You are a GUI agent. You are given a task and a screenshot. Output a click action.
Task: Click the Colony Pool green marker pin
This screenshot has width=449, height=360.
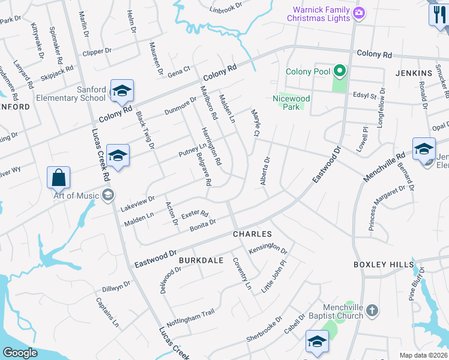point(340,72)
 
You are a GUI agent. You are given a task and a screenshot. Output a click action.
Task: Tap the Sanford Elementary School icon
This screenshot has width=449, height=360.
point(122,91)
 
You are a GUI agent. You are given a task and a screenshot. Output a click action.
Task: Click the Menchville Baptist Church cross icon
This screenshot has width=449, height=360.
point(372,310)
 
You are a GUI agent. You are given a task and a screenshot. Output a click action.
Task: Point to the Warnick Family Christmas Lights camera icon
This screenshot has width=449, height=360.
point(360,13)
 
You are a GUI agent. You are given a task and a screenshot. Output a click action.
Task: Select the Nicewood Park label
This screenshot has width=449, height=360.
point(291,103)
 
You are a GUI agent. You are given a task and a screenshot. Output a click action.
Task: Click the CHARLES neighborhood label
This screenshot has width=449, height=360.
point(252,234)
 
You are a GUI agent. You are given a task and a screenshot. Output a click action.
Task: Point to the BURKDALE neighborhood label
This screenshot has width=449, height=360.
point(200,260)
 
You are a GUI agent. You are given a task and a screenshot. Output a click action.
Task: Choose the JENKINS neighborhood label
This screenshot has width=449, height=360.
point(414,73)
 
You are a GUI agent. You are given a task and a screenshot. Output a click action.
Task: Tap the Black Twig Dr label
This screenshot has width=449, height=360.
point(145,130)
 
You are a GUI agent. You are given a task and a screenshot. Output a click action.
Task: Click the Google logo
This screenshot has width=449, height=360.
point(20,353)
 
